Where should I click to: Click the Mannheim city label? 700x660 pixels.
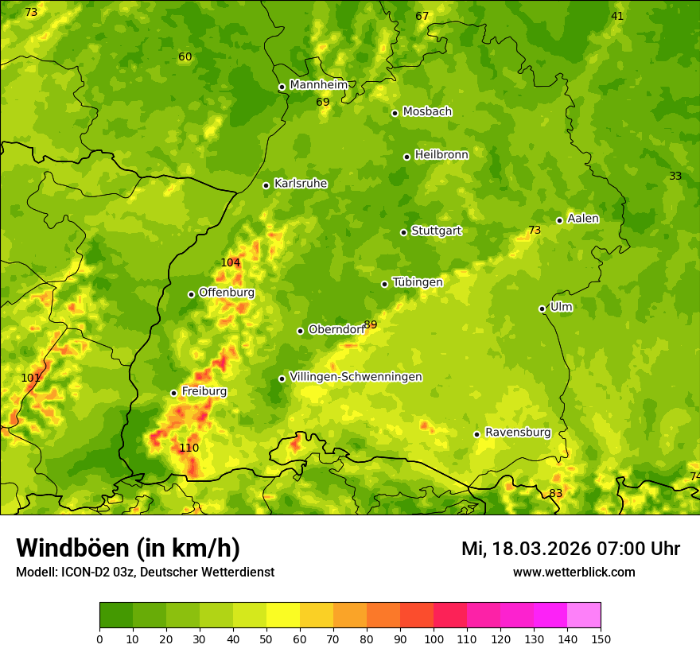click(x=319, y=85)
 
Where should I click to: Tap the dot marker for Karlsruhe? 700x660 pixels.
click(x=266, y=185)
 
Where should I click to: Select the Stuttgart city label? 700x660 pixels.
click(x=436, y=231)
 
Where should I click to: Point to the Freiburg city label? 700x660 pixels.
click(x=204, y=391)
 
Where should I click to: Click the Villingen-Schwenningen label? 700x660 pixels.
click(x=356, y=377)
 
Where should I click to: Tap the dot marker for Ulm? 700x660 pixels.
click(x=542, y=309)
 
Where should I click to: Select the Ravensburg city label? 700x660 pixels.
click(x=518, y=433)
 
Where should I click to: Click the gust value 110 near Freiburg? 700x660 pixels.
click(x=189, y=448)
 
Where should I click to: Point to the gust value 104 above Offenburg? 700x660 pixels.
click(x=230, y=263)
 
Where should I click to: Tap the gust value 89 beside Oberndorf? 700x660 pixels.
click(x=371, y=325)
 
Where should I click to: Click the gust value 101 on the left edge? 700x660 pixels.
click(x=30, y=379)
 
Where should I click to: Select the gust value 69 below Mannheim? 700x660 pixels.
click(x=322, y=103)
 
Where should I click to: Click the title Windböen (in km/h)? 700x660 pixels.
click(x=128, y=548)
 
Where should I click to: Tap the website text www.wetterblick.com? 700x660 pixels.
click(x=574, y=572)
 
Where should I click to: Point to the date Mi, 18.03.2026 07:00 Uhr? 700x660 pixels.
click(x=570, y=549)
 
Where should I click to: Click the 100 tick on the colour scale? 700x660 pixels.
click(x=434, y=639)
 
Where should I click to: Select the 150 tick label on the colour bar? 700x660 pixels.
click(x=601, y=639)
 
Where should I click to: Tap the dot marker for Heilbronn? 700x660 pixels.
click(x=407, y=157)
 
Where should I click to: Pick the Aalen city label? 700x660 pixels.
click(x=583, y=219)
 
